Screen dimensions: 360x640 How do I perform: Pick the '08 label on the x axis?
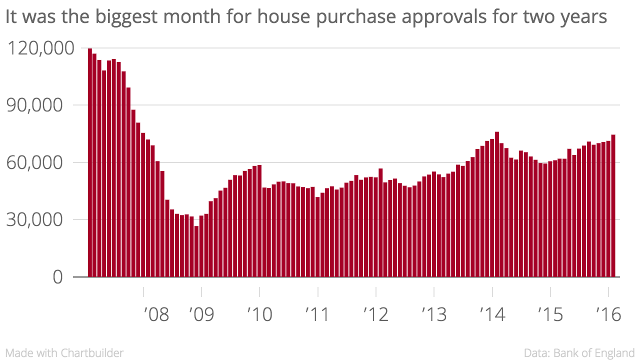[156, 314]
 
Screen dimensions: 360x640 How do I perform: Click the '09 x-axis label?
[201, 314]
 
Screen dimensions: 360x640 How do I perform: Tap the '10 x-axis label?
[259, 314]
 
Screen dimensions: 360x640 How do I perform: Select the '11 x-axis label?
[317, 314]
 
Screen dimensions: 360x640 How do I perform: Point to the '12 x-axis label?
[375, 314]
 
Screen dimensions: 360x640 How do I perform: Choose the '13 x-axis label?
[434, 314]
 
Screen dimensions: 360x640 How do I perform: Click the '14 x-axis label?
[492, 314]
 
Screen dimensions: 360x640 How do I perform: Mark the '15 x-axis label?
[550, 314]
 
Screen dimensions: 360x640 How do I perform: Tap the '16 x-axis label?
[608, 314]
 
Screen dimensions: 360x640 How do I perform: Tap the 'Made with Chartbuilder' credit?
[64, 353]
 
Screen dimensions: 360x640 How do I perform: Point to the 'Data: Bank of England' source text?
[579, 353]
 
